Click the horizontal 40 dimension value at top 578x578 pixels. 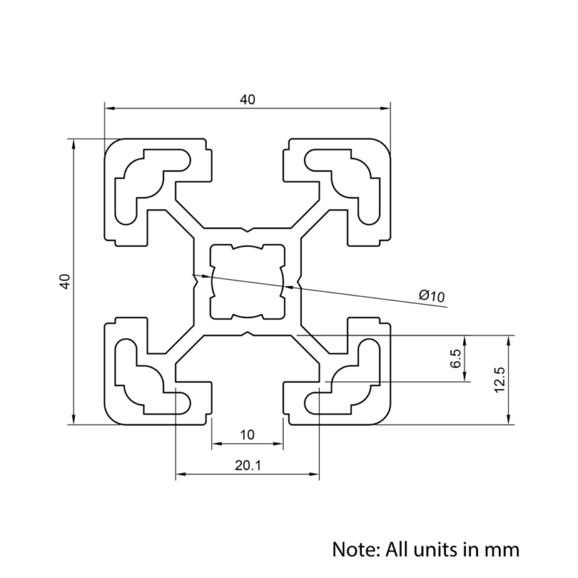tap(248, 99)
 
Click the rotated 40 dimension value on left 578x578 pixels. tap(65, 281)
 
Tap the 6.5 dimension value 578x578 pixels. tap(455, 359)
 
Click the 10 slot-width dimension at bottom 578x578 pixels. tap(248, 434)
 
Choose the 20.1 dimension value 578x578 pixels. tap(248, 465)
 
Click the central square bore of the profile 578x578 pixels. tap(248, 281)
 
